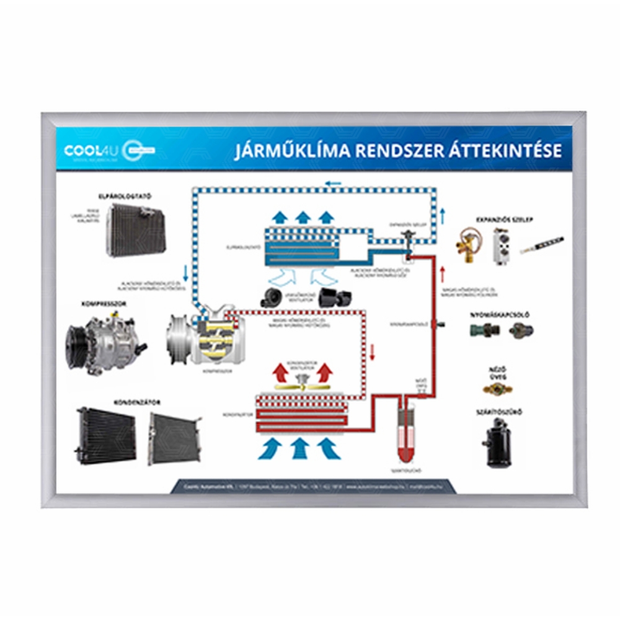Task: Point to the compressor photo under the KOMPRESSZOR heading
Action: [105, 344]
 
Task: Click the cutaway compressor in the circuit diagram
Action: [207, 338]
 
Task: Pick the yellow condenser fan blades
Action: [303, 385]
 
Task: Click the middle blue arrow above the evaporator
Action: [303, 217]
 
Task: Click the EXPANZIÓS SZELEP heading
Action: [504, 219]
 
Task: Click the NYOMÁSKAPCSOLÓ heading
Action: [503, 314]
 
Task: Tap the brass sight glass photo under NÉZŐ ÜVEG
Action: [497, 389]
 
